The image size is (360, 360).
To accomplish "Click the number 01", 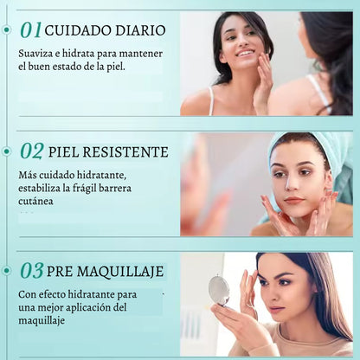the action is (x=31, y=30).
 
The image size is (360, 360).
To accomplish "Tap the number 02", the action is (x=32, y=151).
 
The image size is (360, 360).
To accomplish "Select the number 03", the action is (x=32, y=271).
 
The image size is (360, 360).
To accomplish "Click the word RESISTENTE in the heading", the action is (x=125, y=152).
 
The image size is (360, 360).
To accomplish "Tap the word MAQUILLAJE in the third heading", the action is (x=120, y=272).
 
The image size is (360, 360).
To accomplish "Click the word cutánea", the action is (x=35, y=202).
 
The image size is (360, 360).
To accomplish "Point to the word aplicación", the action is (x=89, y=308).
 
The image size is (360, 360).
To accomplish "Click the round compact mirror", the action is (x=220, y=290).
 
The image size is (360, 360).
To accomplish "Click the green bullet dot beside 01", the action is (x=7, y=29).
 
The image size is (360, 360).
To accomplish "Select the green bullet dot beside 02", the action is (x=7, y=151).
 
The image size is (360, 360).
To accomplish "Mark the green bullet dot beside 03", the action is (x=7, y=271).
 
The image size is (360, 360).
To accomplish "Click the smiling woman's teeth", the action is (x=244, y=54).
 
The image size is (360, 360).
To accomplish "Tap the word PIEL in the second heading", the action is (x=63, y=152).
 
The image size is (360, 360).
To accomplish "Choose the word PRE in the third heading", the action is (x=60, y=272).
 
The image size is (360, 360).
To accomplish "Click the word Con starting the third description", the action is (x=27, y=295).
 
